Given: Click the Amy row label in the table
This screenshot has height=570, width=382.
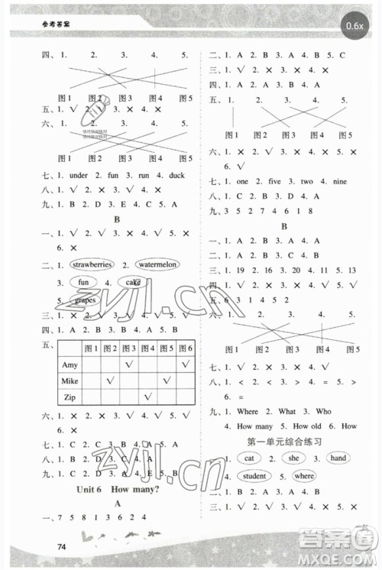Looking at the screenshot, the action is coord(70,364).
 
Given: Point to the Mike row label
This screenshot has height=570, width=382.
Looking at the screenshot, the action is coord(71,380).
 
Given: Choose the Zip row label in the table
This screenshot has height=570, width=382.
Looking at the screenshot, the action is coord(70,396).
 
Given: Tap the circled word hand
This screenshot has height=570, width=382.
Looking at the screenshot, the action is coord(336,458).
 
